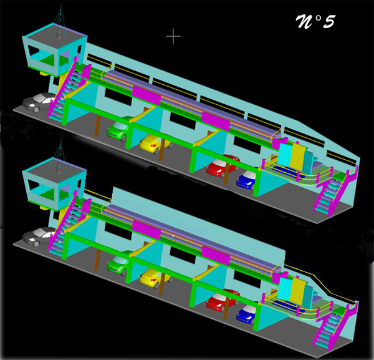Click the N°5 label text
[x=315, y=22]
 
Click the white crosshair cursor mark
[x=173, y=36]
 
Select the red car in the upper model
[x=222, y=165]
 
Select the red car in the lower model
[x=222, y=300]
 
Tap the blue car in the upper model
[x=247, y=180]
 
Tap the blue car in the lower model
[x=247, y=314]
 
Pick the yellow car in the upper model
[x=154, y=144]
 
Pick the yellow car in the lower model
[x=154, y=278]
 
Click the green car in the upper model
[x=118, y=129]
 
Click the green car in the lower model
[x=118, y=263]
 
